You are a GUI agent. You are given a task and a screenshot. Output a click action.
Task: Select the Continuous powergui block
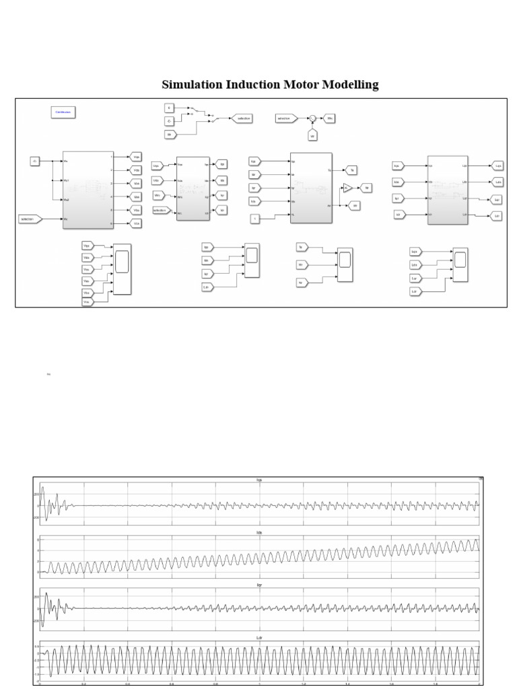pos(63,112)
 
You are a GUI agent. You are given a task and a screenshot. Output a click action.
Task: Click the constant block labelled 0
pos(170,108)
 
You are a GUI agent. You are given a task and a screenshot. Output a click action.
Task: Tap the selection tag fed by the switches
pos(241,118)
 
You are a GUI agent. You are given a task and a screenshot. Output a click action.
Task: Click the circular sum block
pos(312,118)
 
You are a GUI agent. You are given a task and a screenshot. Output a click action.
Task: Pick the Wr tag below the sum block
pos(312,136)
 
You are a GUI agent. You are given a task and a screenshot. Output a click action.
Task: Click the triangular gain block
pos(347,188)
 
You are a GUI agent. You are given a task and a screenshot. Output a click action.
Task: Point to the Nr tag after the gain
pos(365,188)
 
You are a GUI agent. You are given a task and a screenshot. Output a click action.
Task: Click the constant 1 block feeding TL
pos(254,218)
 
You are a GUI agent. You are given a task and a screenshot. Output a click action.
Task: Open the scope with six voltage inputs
pos(123,269)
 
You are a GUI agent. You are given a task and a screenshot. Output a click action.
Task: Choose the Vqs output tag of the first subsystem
pos(137,157)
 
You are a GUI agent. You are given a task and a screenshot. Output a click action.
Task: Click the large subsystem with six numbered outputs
pos(88,190)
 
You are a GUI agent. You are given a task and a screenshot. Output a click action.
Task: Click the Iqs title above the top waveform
pos(259,480)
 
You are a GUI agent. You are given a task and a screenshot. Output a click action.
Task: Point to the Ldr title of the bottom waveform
pos(259,637)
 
